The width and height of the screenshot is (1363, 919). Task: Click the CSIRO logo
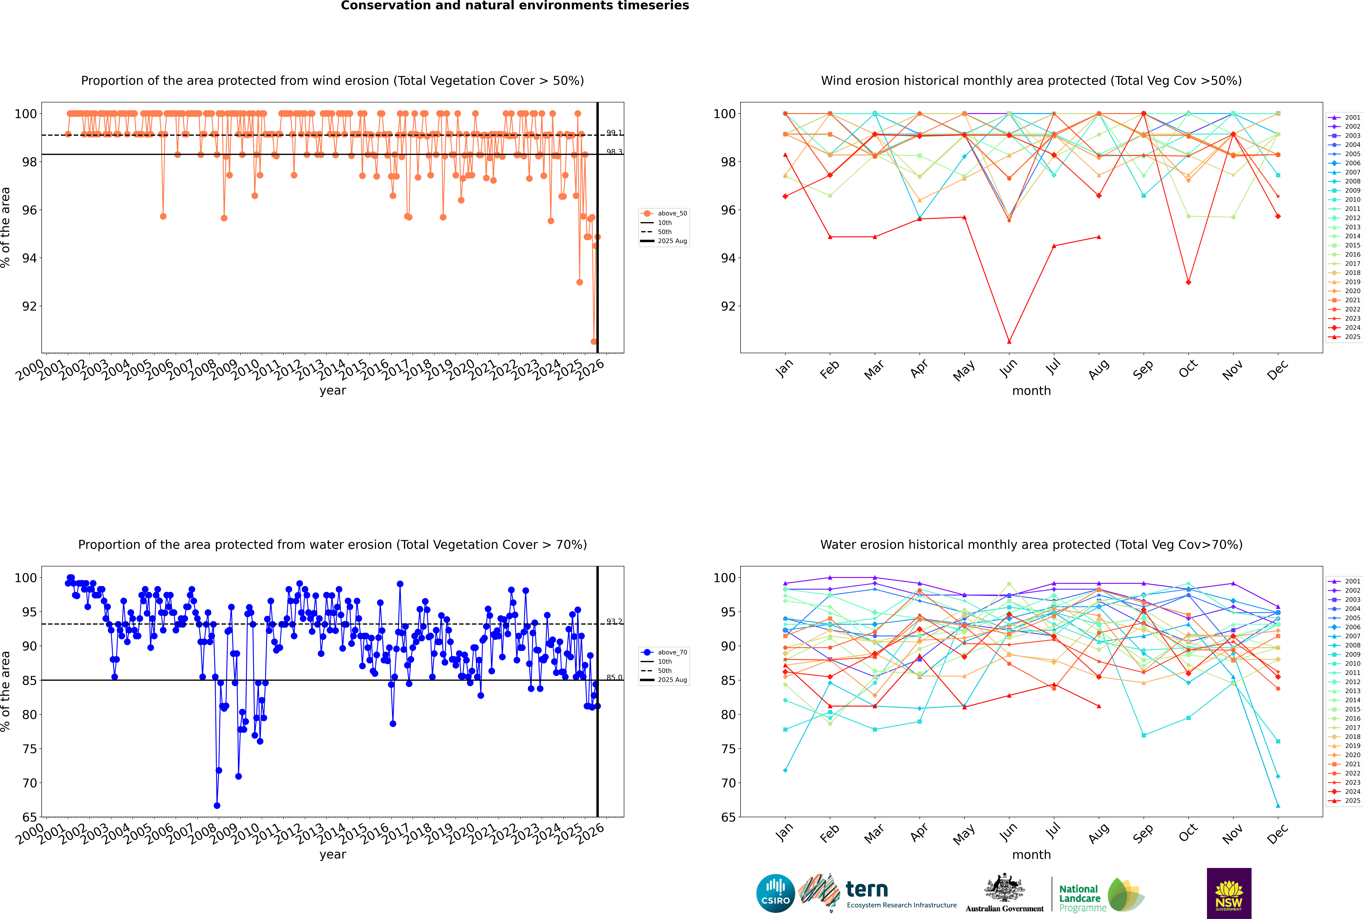click(775, 893)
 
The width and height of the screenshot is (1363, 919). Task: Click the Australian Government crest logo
click(1004, 893)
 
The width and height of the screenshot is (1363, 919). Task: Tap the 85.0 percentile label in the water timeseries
click(614, 678)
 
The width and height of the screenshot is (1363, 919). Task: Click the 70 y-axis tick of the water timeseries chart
click(29, 783)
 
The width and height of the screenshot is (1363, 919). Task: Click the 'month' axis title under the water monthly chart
click(1031, 855)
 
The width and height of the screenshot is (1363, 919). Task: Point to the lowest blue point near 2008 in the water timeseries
click(217, 805)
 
